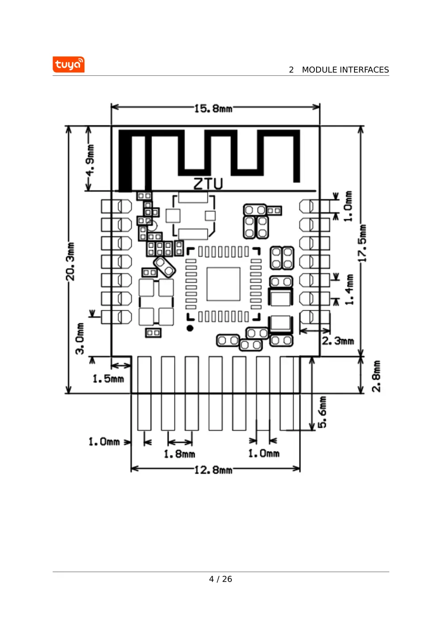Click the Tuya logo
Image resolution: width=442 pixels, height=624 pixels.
(68, 65)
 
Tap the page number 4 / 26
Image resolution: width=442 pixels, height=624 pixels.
(221, 579)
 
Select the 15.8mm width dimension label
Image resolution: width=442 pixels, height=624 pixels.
(213, 108)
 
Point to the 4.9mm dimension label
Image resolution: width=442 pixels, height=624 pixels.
(90, 160)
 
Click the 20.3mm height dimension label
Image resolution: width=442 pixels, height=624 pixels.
(71, 262)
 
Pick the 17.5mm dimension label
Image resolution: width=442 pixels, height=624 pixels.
(362, 243)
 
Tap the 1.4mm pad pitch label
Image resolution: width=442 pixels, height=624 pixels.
(349, 290)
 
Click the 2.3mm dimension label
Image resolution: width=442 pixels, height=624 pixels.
(338, 341)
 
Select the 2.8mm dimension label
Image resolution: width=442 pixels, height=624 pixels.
(376, 376)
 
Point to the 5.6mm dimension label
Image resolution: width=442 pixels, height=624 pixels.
(322, 412)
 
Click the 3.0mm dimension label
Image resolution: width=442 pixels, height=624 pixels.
(79, 339)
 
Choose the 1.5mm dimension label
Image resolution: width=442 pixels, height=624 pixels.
(108, 379)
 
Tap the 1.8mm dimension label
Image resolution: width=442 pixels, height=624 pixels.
(179, 454)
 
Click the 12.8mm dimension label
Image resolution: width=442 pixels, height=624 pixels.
(213, 470)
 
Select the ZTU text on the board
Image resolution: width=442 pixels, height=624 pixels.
(208, 184)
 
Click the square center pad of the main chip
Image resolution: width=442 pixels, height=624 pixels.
(223, 284)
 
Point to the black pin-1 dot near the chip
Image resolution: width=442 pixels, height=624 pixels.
(190, 328)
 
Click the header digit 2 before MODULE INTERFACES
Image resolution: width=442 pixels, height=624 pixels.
(291, 70)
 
